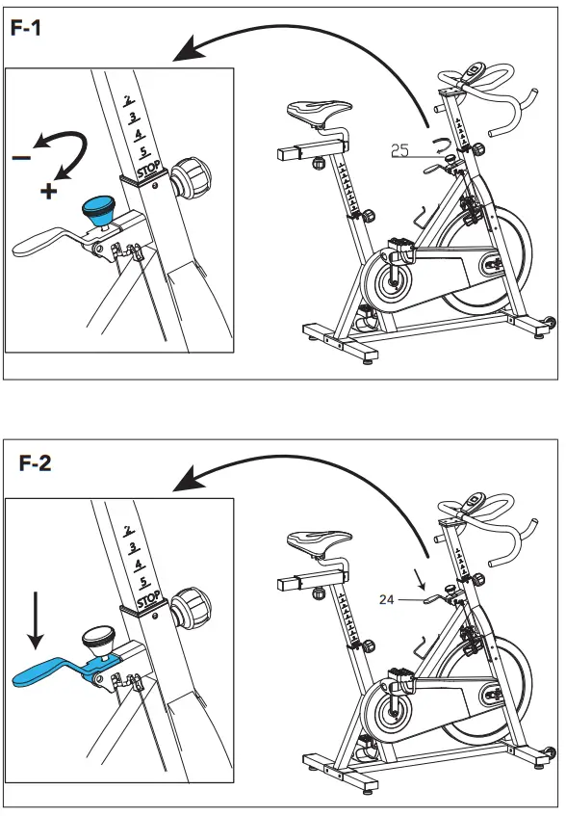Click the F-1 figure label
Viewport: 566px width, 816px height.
(26, 28)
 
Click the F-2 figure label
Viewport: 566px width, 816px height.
(36, 463)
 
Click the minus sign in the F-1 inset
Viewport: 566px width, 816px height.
(21, 156)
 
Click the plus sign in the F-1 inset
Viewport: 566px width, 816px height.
(49, 191)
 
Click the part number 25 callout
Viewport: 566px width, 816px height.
(400, 149)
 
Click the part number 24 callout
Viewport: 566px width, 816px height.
(387, 599)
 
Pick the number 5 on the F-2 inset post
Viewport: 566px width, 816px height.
(142, 582)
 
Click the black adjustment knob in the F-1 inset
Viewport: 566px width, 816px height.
(190, 178)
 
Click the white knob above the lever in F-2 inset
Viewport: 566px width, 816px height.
(96, 637)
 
